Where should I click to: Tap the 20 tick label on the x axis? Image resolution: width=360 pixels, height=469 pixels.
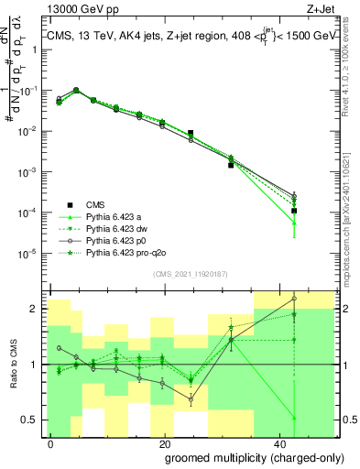point(163,442)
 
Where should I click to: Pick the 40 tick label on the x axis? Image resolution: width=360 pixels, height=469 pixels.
point(276,442)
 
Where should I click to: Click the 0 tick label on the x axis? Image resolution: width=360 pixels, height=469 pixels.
point(51,442)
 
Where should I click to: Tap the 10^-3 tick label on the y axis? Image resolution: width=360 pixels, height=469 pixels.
point(29,171)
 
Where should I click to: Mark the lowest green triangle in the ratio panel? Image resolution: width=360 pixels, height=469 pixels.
point(294,418)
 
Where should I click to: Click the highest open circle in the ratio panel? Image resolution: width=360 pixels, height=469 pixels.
point(294,299)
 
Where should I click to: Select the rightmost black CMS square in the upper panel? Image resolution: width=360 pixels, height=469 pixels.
point(294,211)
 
